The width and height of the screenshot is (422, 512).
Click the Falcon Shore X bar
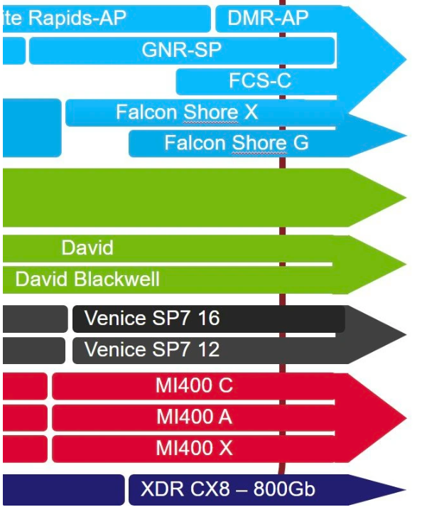(187, 112)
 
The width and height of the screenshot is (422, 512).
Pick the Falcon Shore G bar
(236, 144)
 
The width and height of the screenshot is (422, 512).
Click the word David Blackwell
(87, 279)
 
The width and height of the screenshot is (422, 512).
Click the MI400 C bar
(194, 386)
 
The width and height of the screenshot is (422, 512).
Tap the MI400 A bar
(194, 417)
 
